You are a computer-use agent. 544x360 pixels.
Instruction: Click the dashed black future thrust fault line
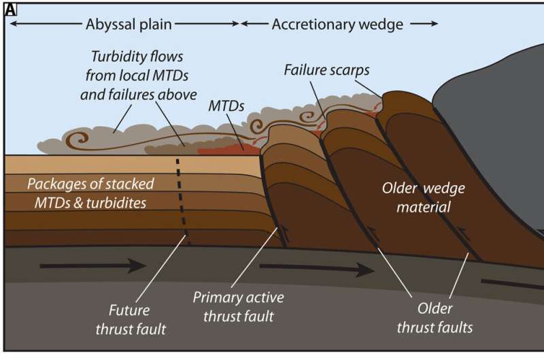(182, 197)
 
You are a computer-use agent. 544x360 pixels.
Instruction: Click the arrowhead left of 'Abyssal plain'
(14, 24)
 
